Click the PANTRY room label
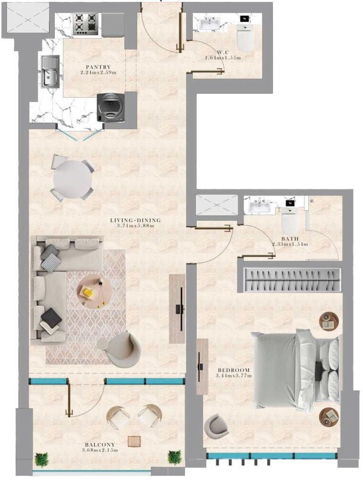click(98, 67)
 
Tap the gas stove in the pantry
click(85, 24)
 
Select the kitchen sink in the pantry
click(50, 72)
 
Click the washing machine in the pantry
click(111, 107)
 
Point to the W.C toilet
click(245, 38)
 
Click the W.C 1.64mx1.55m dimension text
click(223, 58)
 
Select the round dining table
click(72, 178)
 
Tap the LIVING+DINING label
click(135, 220)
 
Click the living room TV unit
click(177, 309)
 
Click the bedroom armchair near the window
click(216, 426)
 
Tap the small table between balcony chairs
click(134, 440)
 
